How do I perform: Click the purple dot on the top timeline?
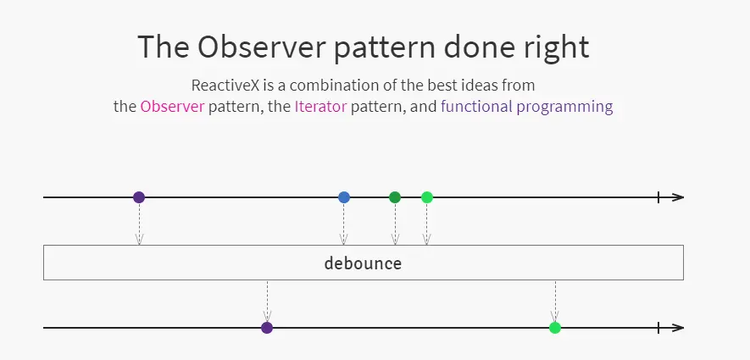(x=139, y=197)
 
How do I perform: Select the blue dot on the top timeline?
(x=344, y=197)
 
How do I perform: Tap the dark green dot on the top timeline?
(x=395, y=197)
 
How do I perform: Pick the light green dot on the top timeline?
(x=427, y=197)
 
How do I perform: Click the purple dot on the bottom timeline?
(x=267, y=328)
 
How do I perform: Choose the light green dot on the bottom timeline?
(x=555, y=328)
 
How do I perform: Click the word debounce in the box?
(x=363, y=263)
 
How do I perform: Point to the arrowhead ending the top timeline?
(x=678, y=197)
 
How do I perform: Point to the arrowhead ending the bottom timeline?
(x=678, y=328)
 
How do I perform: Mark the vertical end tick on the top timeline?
(x=658, y=197)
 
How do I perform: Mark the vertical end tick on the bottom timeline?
(x=658, y=328)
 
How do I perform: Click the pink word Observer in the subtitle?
(x=172, y=106)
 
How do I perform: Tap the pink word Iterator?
(x=320, y=106)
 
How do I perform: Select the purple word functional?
(x=476, y=106)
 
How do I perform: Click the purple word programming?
(x=565, y=107)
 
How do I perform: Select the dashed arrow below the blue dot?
(x=343, y=224)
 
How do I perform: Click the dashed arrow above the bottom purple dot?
(x=267, y=302)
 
